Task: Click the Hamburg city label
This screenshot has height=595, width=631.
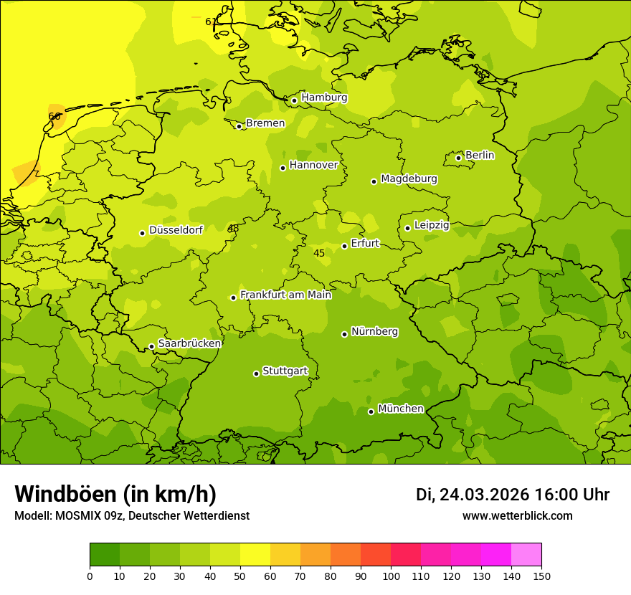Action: [324, 97]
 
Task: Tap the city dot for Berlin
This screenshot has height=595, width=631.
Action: [458, 158]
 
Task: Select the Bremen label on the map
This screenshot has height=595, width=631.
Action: [265, 123]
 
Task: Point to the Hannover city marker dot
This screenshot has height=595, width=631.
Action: [283, 168]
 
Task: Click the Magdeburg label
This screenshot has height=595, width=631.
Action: [409, 178]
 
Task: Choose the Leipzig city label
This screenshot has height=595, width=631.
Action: [432, 225]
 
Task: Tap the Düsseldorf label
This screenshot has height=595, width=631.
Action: [176, 230]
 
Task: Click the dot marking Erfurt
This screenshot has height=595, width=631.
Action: [344, 246]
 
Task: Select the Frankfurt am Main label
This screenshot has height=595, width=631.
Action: [285, 295]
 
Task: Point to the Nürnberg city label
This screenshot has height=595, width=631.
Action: [374, 331]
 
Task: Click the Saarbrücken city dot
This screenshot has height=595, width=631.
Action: [151, 346]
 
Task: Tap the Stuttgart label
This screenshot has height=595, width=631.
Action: [285, 371]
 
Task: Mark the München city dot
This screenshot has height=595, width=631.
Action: [371, 411]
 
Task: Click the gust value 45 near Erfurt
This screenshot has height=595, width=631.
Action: [319, 253]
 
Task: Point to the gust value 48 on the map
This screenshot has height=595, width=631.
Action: [233, 229]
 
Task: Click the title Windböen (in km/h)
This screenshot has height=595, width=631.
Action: [115, 494]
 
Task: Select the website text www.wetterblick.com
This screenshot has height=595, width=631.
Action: [517, 515]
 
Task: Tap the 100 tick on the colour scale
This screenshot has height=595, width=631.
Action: [391, 576]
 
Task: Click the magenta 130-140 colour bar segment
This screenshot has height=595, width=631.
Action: [496, 554]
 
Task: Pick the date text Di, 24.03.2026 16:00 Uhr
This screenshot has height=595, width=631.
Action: [512, 495]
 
